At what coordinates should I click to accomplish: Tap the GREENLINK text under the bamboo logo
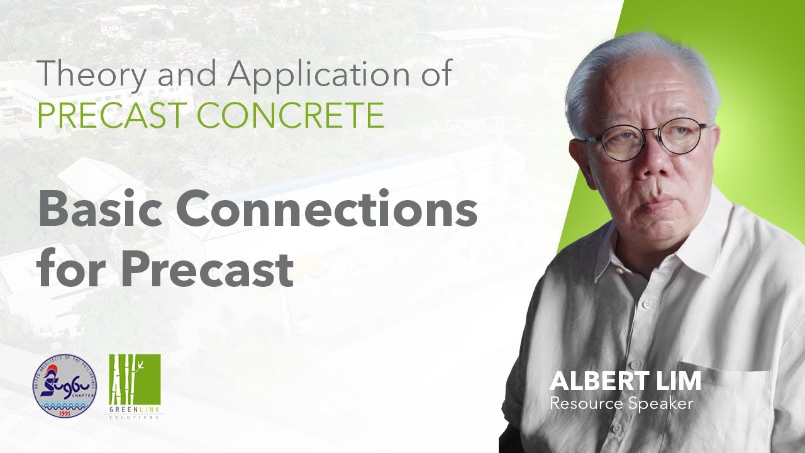(135, 410)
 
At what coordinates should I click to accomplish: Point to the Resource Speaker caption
(621, 403)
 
